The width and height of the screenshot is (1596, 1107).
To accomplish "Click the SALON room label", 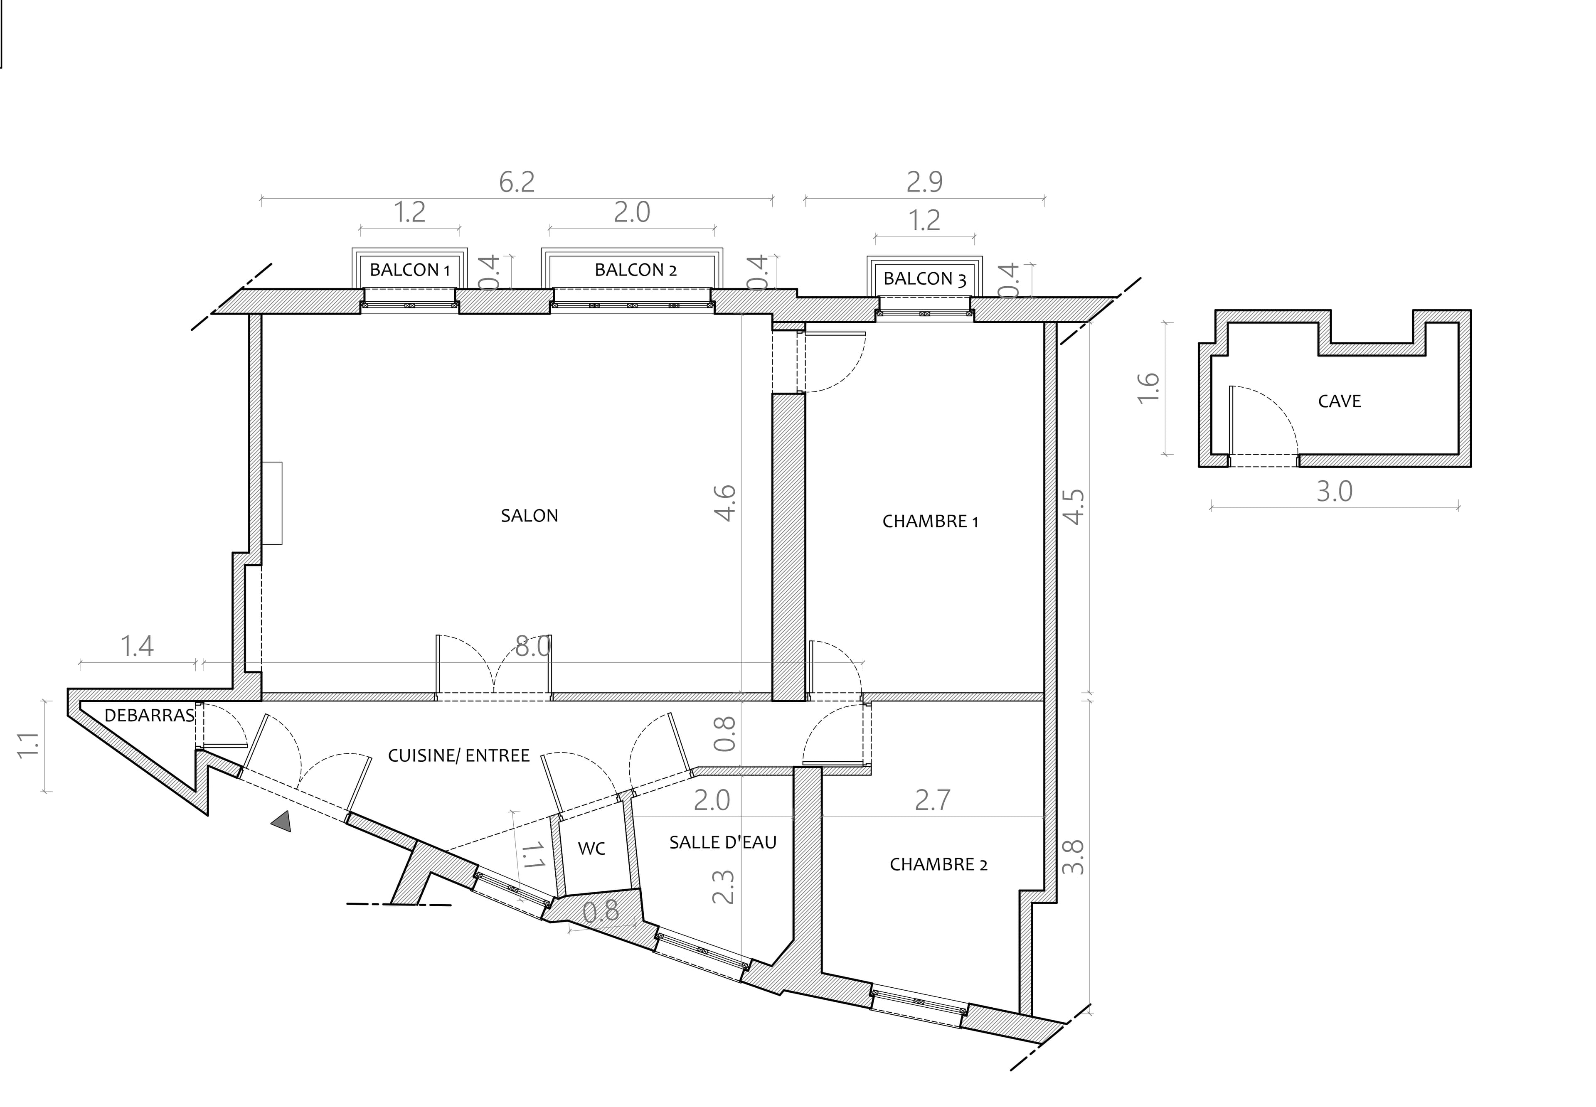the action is pos(529,515).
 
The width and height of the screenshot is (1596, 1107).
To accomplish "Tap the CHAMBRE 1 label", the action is pos(930,521).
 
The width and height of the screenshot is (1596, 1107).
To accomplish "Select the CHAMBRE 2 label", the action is pos(938,864).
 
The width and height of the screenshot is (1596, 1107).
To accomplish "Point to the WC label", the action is pos(592,848).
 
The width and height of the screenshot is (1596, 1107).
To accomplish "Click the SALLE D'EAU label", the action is pos(723,842).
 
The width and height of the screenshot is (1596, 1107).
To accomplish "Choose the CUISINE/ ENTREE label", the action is pos(458,755).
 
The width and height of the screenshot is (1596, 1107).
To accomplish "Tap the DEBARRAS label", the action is pos(149,715).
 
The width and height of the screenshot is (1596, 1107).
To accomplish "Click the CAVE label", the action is pos(1340,401).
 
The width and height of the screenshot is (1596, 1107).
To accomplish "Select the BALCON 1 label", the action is pos(409,270).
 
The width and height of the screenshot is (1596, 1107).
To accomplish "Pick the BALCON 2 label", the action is pos(635,270).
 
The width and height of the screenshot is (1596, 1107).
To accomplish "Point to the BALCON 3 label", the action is pos(925,279).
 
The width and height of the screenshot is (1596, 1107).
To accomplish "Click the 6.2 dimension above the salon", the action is pos(517,182).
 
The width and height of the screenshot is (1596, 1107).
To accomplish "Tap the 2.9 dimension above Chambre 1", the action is pos(925,182).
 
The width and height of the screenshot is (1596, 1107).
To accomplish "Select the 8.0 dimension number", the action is pos(533,647).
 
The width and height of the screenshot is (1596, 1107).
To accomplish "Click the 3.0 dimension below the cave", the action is pos(1335,492).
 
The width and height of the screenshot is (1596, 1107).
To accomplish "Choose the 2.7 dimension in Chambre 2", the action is pos(932,800).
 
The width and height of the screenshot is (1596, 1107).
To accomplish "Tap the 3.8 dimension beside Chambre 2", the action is pos(1073,856).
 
